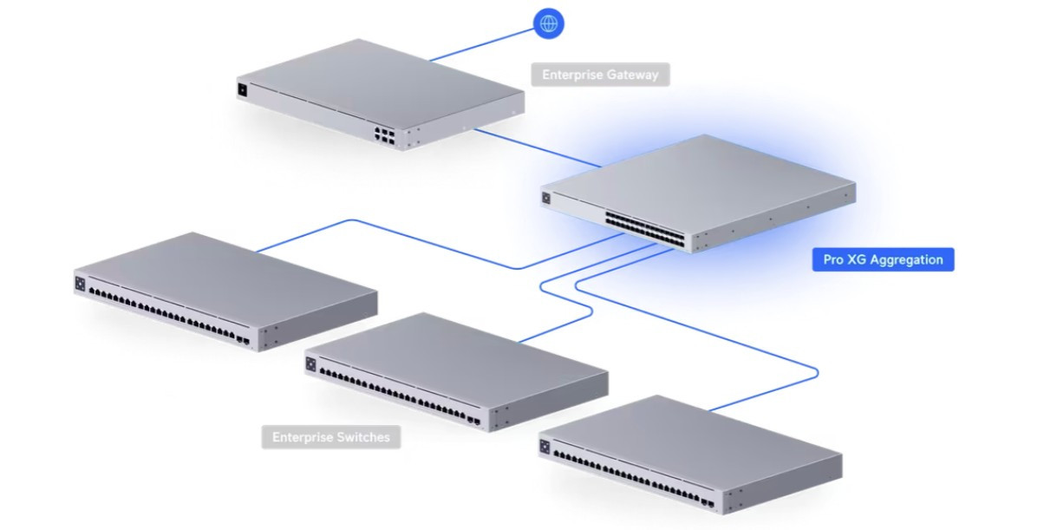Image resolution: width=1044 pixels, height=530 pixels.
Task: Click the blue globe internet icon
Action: [x=548, y=24]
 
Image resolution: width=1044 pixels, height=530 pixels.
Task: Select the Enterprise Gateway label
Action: [x=600, y=75]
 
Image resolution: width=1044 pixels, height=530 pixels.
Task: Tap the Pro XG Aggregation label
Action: [x=883, y=259]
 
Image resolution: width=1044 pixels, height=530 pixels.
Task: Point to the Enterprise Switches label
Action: [x=331, y=437]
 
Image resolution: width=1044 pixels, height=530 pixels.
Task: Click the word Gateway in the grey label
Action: [x=630, y=75]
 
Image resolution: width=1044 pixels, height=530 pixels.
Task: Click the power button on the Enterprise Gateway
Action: [x=242, y=89]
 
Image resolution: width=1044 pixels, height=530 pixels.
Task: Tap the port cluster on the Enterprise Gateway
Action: [x=384, y=135]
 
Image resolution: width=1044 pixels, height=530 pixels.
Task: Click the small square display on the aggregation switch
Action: [x=547, y=198]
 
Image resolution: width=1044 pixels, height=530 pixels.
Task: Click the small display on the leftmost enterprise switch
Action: [x=82, y=283]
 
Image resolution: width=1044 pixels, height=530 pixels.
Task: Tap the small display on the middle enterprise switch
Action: [x=311, y=363]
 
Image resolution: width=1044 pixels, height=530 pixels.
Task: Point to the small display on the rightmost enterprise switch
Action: [x=545, y=446]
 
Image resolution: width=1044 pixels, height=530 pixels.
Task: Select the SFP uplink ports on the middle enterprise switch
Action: [x=474, y=422]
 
